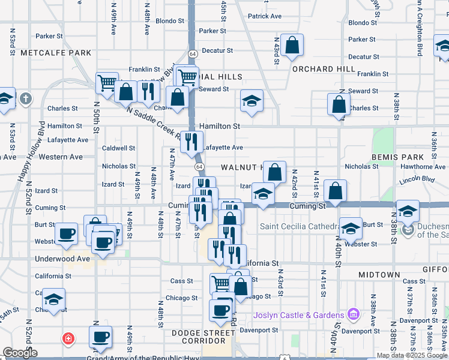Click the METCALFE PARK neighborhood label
(56, 53)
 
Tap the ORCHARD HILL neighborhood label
(324, 69)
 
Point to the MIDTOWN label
(379, 274)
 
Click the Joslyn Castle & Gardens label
(298, 315)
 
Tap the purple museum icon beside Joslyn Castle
(353, 314)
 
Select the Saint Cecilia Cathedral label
(297, 226)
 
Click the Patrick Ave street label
(265, 16)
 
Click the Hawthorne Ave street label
(424, 167)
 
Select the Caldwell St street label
(118, 148)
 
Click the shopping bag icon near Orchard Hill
(292, 46)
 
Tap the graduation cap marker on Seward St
(252, 100)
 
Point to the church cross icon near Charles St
(25, 98)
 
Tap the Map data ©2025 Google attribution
(412, 355)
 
